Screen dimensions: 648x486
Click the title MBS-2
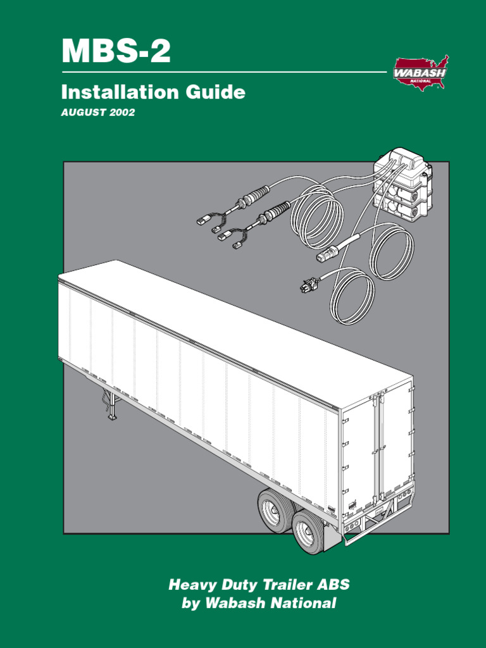pyautogui.click(x=116, y=51)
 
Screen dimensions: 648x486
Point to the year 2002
pyautogui.click(x=123, y=113)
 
